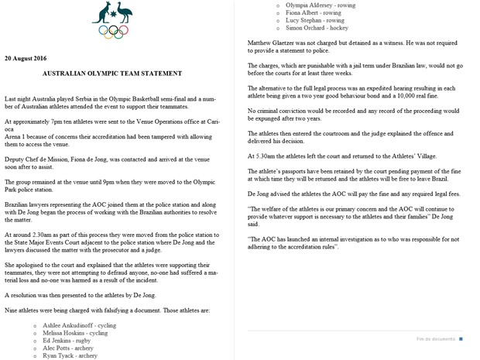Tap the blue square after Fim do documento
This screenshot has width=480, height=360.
click(461, 339)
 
